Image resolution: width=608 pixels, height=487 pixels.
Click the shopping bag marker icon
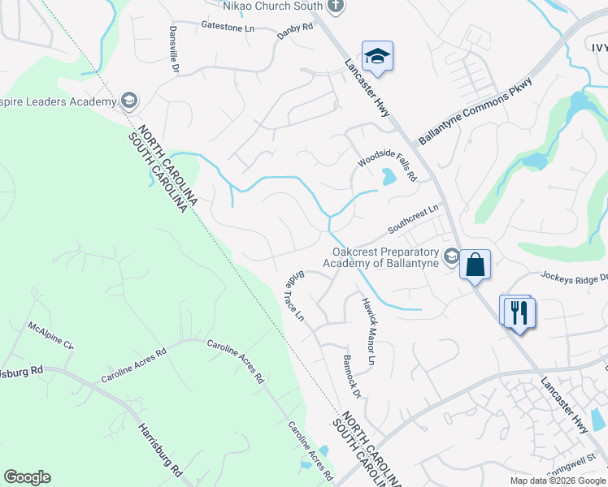[475, 265]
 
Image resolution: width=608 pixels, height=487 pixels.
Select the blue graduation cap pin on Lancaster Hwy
[377, 56]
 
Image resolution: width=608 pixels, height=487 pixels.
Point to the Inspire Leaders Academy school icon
[128, 101]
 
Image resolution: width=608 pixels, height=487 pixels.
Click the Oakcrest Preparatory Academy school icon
[451, 258]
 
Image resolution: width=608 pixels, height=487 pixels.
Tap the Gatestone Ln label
[228, 26]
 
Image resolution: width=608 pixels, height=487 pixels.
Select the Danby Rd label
[295, 27]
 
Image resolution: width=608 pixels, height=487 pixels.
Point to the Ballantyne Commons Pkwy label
[476, 112]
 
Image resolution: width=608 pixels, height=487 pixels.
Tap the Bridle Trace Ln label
[294, 296]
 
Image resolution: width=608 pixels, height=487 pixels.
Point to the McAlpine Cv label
[51, 334]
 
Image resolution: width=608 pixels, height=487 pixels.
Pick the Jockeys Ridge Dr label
[573, 278]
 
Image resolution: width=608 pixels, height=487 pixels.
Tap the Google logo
[27, 477]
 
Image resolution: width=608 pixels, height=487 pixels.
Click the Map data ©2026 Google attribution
[557, 481]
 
